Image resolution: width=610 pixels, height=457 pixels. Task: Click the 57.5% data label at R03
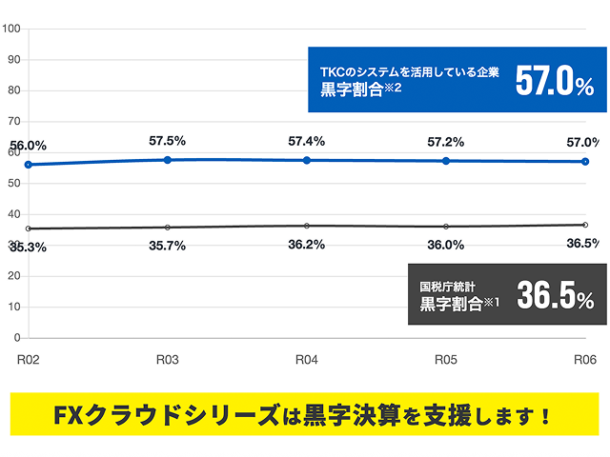click(168, 141)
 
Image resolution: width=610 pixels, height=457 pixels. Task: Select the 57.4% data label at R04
click(306, 141)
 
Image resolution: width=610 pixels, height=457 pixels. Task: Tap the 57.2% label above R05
click(445, 142)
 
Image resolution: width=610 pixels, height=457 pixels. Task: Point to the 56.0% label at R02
click(28, 145)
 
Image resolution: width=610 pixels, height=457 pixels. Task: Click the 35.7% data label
click(168, 245)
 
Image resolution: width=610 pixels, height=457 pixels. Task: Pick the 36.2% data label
click(306, 244)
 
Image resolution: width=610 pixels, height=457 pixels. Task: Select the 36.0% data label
click(445, 245)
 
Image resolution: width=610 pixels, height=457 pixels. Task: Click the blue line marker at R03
click(168, 159)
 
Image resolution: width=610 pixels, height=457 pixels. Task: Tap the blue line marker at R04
click(306, 160)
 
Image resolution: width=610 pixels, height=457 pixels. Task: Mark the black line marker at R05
click(445, 227)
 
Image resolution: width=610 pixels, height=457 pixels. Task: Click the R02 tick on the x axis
click(29, 360)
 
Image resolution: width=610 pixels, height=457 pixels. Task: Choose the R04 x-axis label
click(306, 360)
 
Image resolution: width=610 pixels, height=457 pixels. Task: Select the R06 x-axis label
click(584, 360)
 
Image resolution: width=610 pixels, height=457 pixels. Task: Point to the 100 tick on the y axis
click(12, 28)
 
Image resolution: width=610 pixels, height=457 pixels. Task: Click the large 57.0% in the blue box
click(555, 82)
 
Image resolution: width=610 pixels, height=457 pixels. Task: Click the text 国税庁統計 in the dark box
click(452, 286)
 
